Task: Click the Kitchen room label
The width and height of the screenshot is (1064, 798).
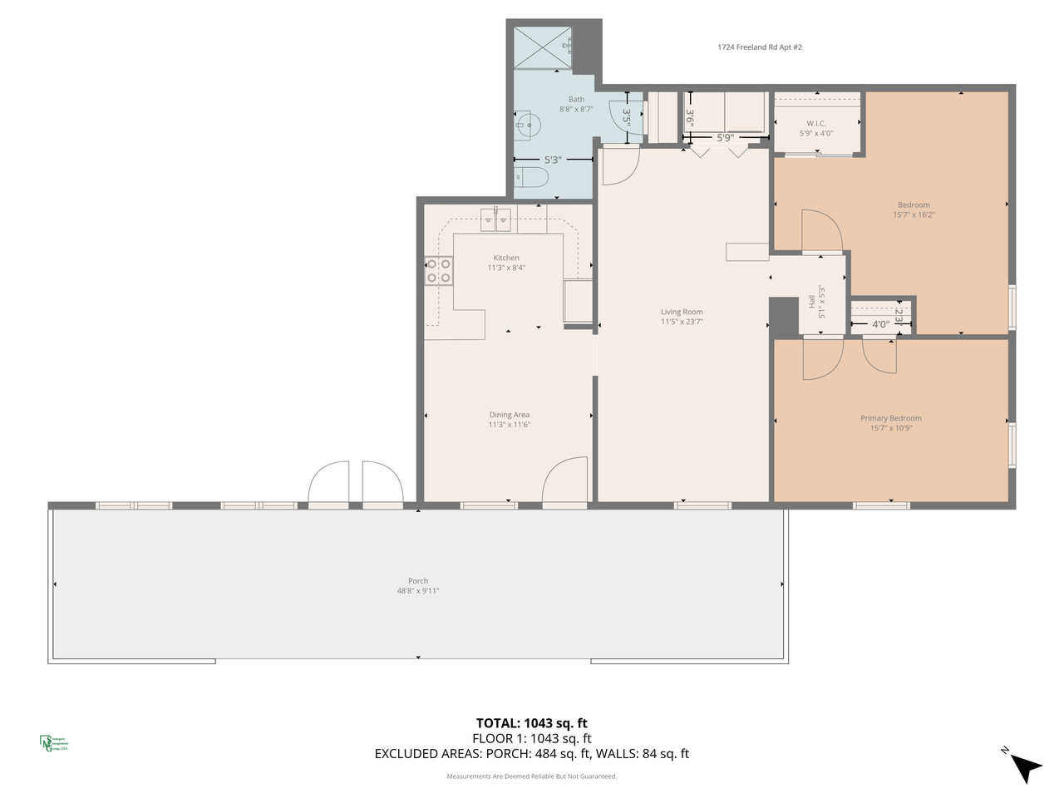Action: (x=506, y=258)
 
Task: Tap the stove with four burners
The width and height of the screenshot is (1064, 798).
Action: (x=439, y=271)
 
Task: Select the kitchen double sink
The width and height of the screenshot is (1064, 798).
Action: (x=496, y=220)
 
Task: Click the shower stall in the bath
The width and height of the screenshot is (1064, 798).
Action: (x=542, y=47)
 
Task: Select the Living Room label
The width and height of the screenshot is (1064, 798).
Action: (x=682, y=312)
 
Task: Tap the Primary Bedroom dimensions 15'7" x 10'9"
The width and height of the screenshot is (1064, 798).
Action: (x=891, y=428)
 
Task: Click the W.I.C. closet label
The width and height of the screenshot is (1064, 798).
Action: (x=816, y=124)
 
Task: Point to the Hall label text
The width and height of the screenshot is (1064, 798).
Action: (x=812, y=302)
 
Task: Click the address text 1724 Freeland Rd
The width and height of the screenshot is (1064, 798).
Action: (x=760, y=47)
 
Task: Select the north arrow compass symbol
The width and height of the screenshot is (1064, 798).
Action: (x=1024, y=766)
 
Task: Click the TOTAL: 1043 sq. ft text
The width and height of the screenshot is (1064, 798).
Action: (x=532, y=723)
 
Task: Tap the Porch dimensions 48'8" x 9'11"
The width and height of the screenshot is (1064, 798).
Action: (x=418, y=591)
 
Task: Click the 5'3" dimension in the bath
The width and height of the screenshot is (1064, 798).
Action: (x=553, y=160)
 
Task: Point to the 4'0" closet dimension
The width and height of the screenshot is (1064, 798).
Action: (x=879, y=324)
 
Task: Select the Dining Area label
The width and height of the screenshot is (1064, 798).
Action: (x=509, y=415)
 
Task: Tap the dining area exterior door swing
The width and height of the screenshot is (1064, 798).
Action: (x=565, y=480)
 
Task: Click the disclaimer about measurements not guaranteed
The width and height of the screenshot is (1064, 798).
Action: (x=532, y=776)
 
